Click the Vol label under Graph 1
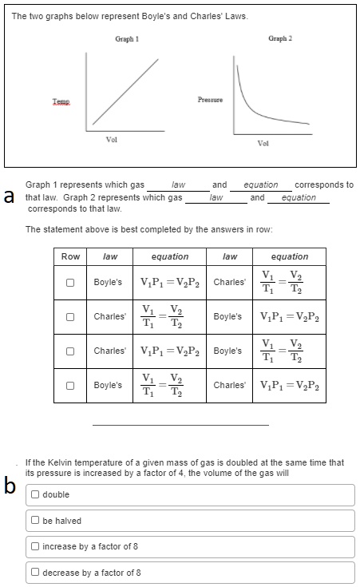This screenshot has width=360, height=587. click(113, 140)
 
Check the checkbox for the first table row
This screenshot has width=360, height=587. click(70, 283)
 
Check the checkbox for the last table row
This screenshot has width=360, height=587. click(70, 385)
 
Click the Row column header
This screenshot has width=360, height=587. click(70, 256)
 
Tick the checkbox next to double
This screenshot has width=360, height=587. click(36, 495)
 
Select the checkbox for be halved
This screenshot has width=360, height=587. click(36, 521)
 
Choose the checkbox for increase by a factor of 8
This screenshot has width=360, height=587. click(36, 547)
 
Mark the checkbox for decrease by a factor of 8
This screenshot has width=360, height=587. click(36, 573)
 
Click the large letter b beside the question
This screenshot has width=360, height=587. click(10, 486)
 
